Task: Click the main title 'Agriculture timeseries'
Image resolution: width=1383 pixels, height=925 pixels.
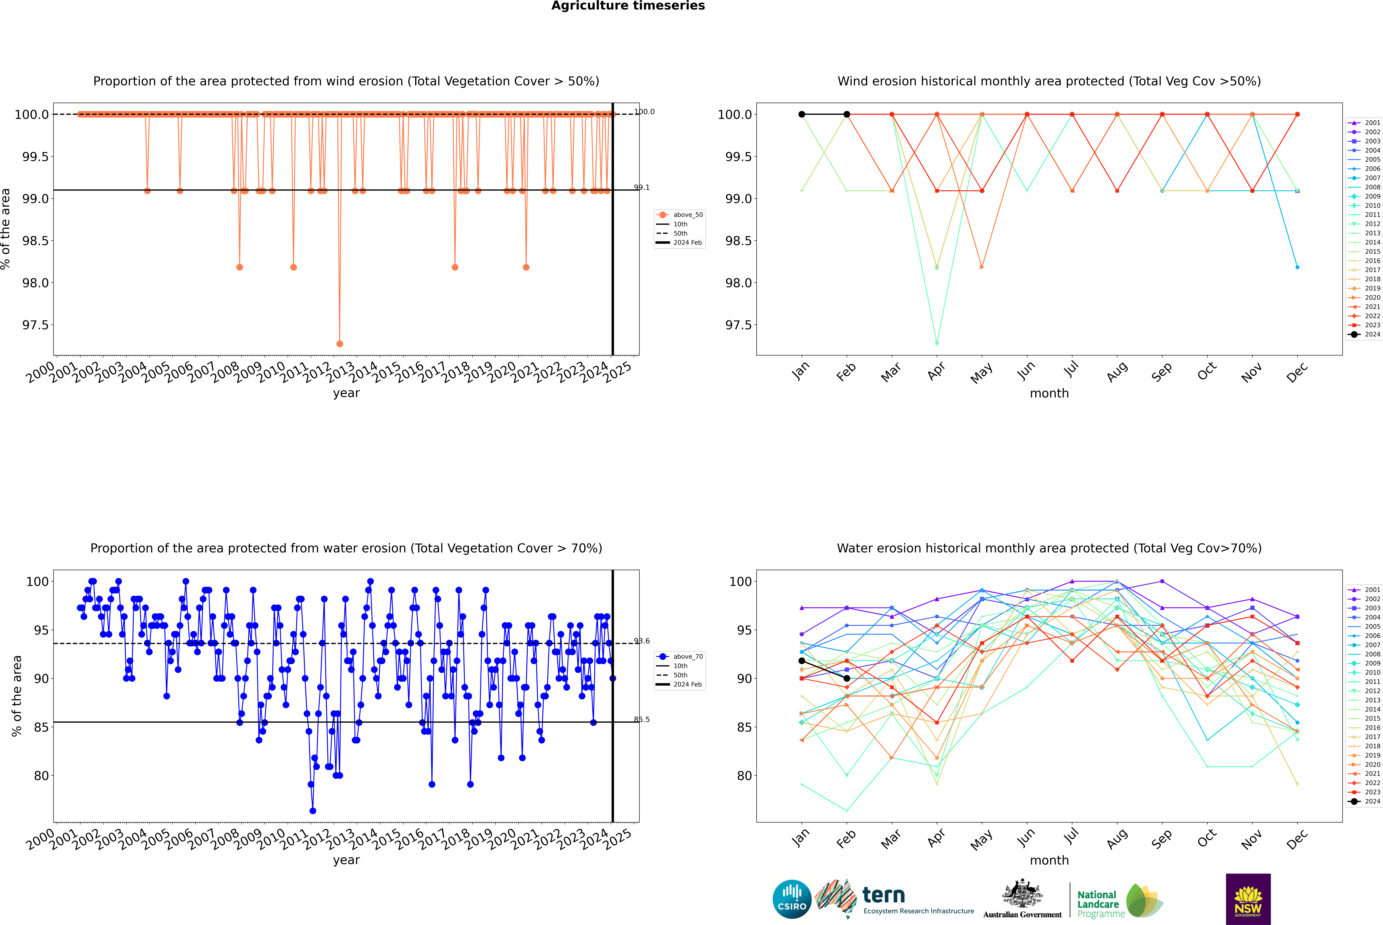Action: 628,6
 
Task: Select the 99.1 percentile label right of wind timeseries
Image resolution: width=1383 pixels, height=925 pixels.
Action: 641,188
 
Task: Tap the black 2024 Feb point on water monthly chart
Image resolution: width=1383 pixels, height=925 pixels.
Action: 847,678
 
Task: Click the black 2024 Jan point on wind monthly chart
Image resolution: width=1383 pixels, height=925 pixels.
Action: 802,114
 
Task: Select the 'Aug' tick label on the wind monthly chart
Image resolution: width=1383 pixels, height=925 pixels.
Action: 1117,372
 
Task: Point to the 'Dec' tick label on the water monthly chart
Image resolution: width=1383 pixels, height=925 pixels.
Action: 1297,839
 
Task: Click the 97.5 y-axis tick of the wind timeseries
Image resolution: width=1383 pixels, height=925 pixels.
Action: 35,325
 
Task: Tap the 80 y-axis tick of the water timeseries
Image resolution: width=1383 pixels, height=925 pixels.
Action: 41,776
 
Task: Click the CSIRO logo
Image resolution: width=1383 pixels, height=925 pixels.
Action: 792,899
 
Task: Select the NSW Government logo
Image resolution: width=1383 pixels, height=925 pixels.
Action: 1248,899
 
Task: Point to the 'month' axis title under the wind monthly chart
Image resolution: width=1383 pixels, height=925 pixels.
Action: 1049,394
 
